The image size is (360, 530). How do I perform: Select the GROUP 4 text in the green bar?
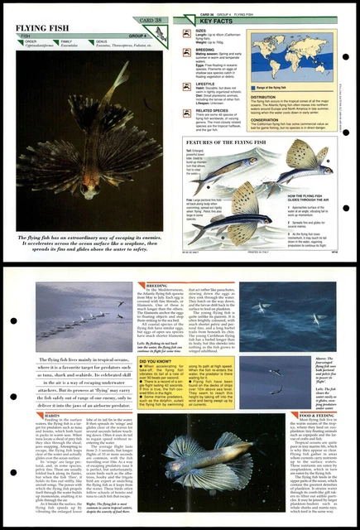pyautogui.click(x=138, y=36)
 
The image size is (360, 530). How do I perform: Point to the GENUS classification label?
pyautogui.click(x=101, y=40)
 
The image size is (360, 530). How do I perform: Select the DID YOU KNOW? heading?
pyautogui.click(x=158, y=362)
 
